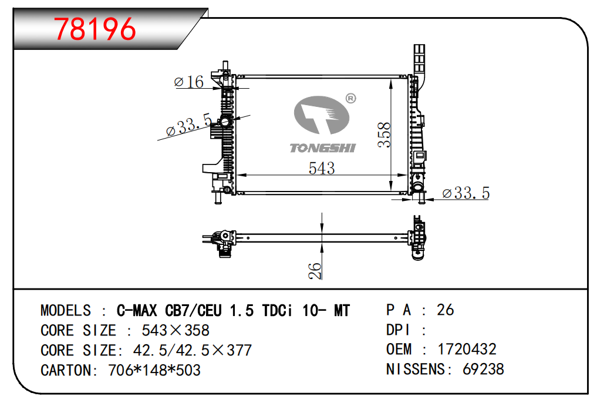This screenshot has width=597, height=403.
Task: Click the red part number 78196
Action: tap(95, 29)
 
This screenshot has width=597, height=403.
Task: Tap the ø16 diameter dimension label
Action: tap(189, 82)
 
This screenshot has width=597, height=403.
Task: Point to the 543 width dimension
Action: tap(322, 169)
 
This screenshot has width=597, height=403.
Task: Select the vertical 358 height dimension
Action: tap(384, 135)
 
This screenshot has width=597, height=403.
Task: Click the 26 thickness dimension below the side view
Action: tap(315, 271)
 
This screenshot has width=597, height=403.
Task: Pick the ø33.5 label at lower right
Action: tap(466, 193)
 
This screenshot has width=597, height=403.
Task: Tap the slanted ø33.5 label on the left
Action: tap(189, 124)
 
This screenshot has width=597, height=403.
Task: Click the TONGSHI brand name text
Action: tap(322, 148)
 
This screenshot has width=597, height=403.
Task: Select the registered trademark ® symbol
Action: tap(350, 99)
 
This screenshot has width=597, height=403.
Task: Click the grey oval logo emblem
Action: tap(322, 115)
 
